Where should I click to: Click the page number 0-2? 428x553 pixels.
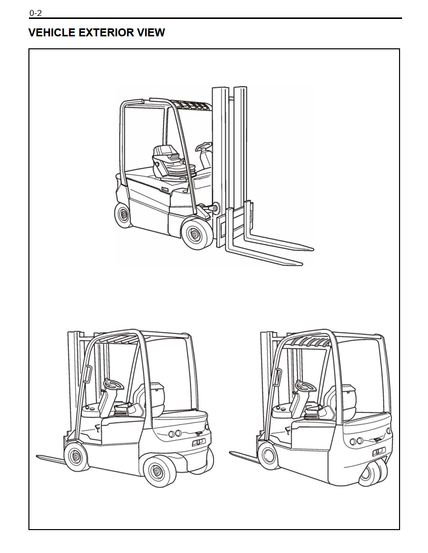coord(35,13)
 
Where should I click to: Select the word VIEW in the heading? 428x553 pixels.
coord(152,33)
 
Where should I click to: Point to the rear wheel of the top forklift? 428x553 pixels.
coord(123,215)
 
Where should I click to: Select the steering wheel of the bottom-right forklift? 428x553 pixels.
coord(303,386)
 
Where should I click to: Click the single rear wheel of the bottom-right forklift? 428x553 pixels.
coord(373,473)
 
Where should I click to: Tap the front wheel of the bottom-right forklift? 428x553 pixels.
coord(267,454)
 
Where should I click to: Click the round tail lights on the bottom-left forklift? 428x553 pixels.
coord(175,433)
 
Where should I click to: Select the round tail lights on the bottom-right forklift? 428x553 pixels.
coord(356,441)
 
